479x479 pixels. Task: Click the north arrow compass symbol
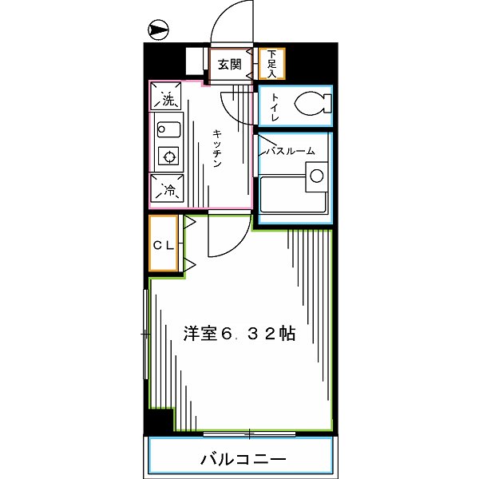[x=160, y=31]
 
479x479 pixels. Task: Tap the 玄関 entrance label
[x=230, y=65]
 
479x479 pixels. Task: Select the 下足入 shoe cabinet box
[x=271, y=64]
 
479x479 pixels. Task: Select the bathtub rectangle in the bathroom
[x=294, y=196]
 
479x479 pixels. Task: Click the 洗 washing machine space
[x=167, y=100]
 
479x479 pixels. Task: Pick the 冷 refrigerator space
[x=168, y=190]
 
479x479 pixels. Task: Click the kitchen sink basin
[x=169, y=129]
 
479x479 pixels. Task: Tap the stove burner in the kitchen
[x=168, y=155]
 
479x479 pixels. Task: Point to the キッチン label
[x=216, y=148]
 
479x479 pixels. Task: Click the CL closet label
[x=164, y=245]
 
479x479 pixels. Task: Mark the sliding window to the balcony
[x=249, y=434]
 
